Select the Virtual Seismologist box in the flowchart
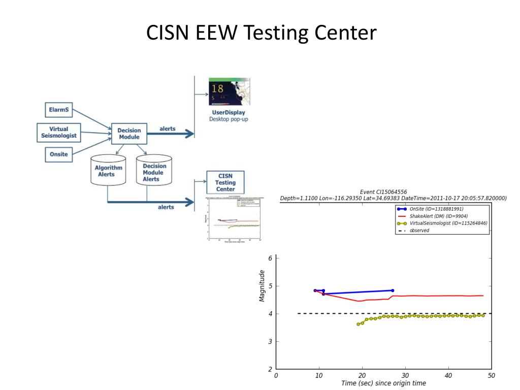tap(59, 132)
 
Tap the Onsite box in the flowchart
tap(59, 154)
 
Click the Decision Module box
tap(129, 134)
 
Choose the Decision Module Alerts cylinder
tap(154, 172)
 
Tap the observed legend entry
tap(419, 230)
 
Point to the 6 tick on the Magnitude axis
tap(270, 258)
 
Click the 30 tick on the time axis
tap(405, 376)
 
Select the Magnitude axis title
tap(262, 286)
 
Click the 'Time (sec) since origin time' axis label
tap(383, 383)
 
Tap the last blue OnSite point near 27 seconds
tap(392, 290)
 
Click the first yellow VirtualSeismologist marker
tap(358, 324)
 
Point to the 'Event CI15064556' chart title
tap(383, 192)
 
